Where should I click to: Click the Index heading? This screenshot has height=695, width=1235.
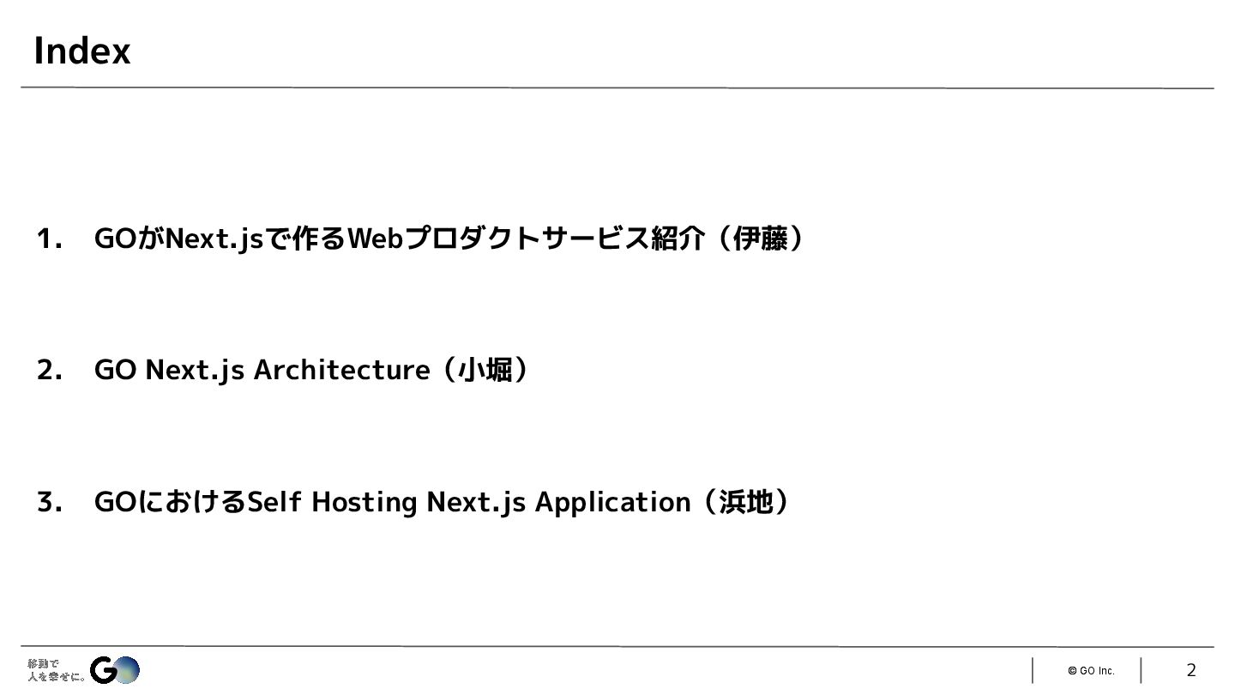point(81,51)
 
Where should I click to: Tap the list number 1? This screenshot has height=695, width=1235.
point(48,239)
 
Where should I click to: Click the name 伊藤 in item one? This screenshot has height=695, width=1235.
point(760,239)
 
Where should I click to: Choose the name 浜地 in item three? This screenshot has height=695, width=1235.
point(745,502)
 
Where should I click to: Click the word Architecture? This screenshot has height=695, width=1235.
point(341,370)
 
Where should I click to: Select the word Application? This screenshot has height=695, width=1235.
point(612,502)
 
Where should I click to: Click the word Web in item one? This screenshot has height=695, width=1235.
point(375,239)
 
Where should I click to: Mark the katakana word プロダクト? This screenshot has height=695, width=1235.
point(472,239)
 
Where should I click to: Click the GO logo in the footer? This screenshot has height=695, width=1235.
point(115,670)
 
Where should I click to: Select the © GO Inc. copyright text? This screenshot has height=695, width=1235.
point(1091,671)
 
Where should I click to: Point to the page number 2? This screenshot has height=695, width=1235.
point(1190,670)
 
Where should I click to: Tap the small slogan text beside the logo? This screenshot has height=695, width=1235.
point(55,670)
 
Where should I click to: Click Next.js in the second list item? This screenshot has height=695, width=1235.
point(195,370)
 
